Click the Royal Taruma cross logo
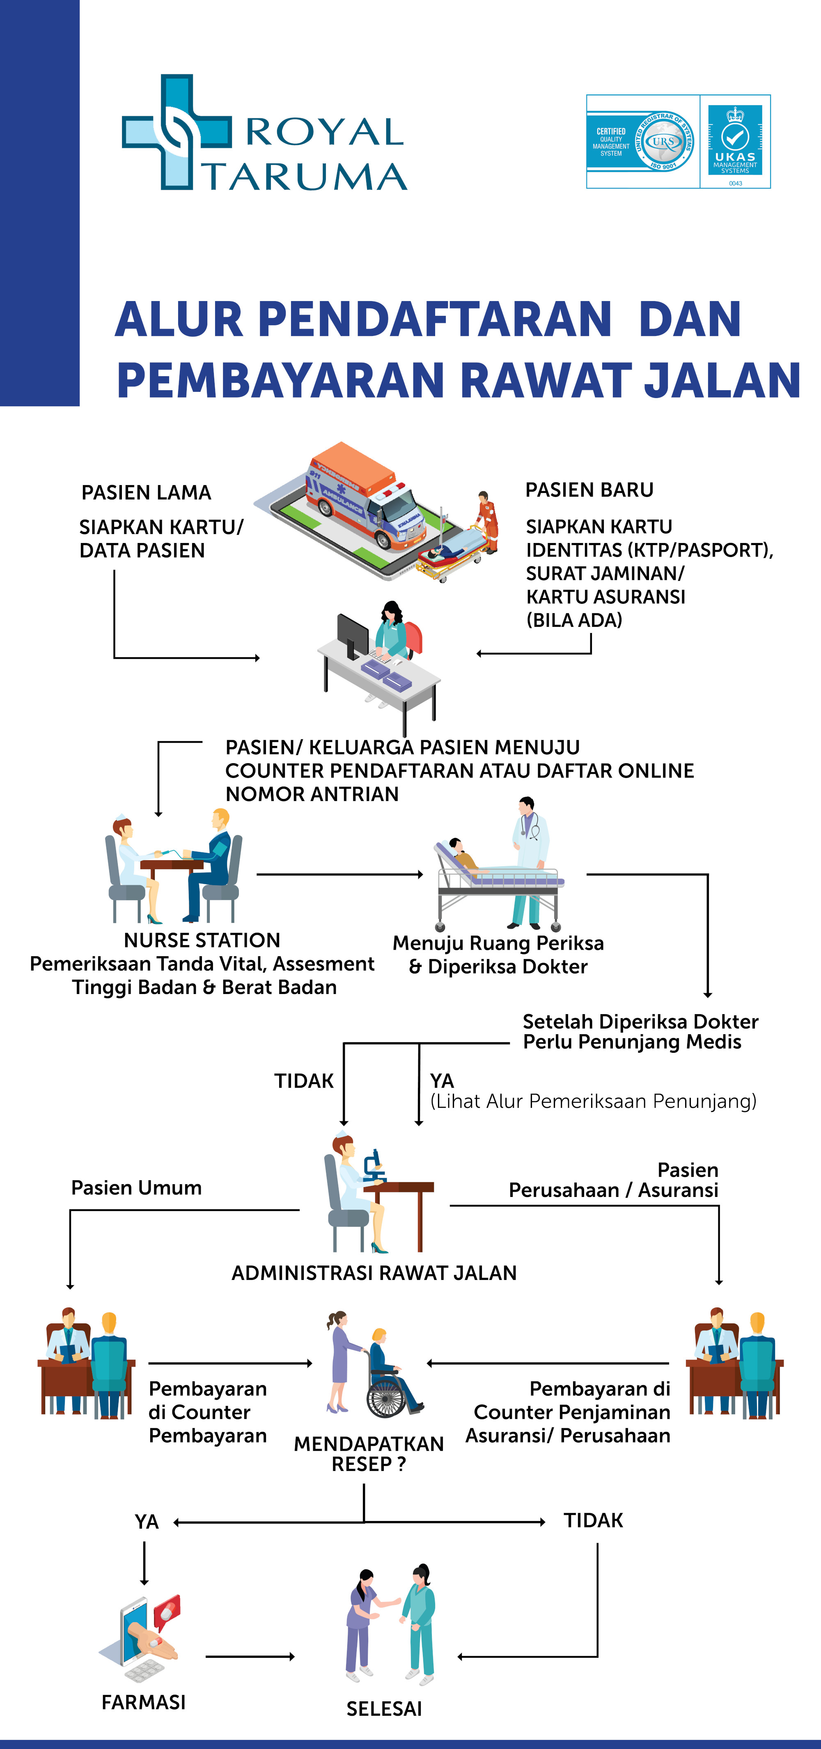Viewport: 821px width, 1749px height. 177,132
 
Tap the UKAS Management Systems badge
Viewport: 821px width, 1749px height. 735,141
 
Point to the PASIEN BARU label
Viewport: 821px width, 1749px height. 589,490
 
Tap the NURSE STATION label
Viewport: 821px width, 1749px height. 202,940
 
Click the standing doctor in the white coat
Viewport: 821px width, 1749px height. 529,862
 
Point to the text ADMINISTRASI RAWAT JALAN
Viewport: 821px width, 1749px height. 374,1273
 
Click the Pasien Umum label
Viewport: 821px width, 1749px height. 136,1187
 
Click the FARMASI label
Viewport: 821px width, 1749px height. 143,1702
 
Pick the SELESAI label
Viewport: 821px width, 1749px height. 384,1708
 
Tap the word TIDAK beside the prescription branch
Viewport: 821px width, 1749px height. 593,1520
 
